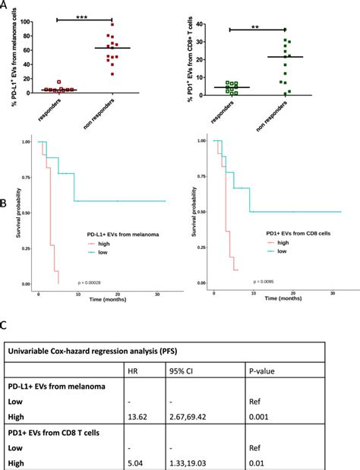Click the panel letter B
coord(5,204)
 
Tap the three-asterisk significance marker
coord(79,15)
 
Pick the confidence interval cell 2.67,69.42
coord(194,417)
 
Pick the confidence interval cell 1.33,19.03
coord(194,461)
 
